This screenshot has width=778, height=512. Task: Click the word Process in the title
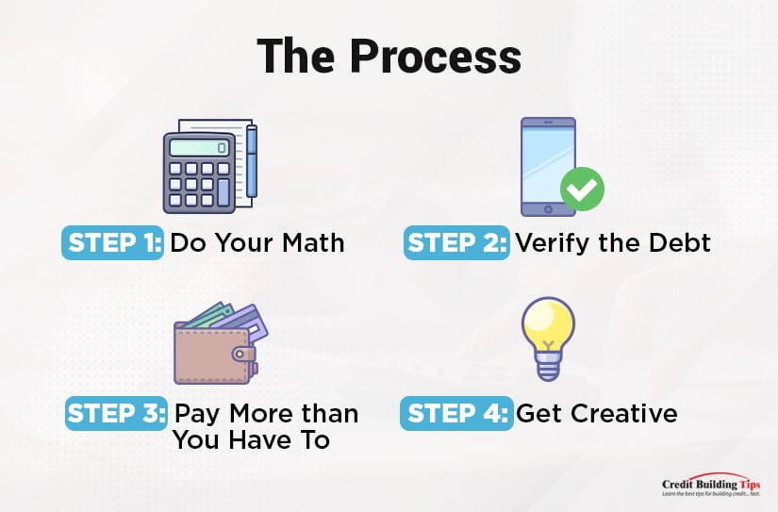(435, 56)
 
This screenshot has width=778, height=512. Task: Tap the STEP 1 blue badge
(112, 242)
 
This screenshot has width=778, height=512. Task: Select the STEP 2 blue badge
(456, 242)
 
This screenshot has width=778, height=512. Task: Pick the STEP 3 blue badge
(116, 413)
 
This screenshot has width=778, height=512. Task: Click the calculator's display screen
(200, 147)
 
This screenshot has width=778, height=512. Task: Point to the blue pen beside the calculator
(252, 161)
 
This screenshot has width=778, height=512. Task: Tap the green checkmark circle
(582, 189)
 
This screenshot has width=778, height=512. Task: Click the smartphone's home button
(548, 209)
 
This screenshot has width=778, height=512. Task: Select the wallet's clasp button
(240, 354)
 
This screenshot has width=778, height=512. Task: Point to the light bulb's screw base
(548, 367)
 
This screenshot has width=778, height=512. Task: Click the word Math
(313, 242)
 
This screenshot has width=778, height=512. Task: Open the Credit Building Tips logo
(711, 485)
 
